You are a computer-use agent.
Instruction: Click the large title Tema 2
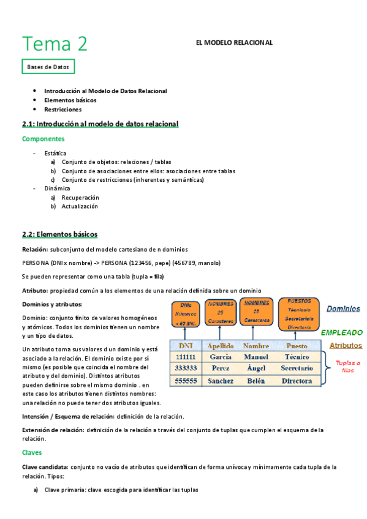pos(55,43)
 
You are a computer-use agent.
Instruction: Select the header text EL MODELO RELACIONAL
pos(233,42)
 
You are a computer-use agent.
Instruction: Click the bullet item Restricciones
pos(62,110)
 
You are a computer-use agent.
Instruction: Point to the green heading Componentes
pos(44,139)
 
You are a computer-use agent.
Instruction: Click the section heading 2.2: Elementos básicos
pos(59,234)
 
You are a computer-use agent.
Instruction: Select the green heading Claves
pos(33,453)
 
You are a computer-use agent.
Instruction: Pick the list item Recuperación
pos(80,198)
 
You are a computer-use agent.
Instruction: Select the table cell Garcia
pos(220,357)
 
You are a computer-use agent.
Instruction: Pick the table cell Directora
pos(297,381)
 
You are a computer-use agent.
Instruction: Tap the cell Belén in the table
pos(255,381)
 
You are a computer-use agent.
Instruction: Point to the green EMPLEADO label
pos(341,332)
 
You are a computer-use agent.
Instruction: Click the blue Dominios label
pos(343,309)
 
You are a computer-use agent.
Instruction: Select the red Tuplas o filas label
pos(347,366)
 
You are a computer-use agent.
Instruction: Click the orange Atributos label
pos(346,345)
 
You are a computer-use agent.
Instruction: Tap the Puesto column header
pos(297,346)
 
